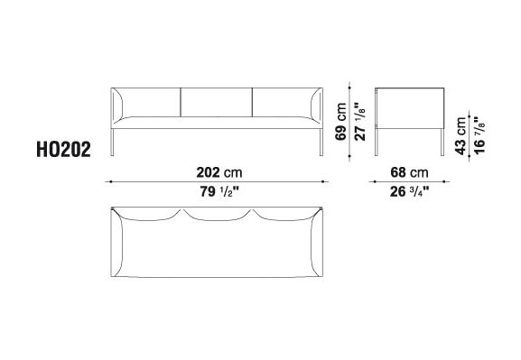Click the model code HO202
[63, 150]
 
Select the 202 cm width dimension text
[219, 172]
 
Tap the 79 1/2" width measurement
[219, 191]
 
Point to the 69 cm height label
[340, 122]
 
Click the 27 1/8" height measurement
[360, 122]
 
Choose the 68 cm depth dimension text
[409, 172]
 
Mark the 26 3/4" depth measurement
[409, 191]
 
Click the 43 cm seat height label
[461, 136]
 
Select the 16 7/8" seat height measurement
[479, 135]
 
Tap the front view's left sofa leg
[112, 143]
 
